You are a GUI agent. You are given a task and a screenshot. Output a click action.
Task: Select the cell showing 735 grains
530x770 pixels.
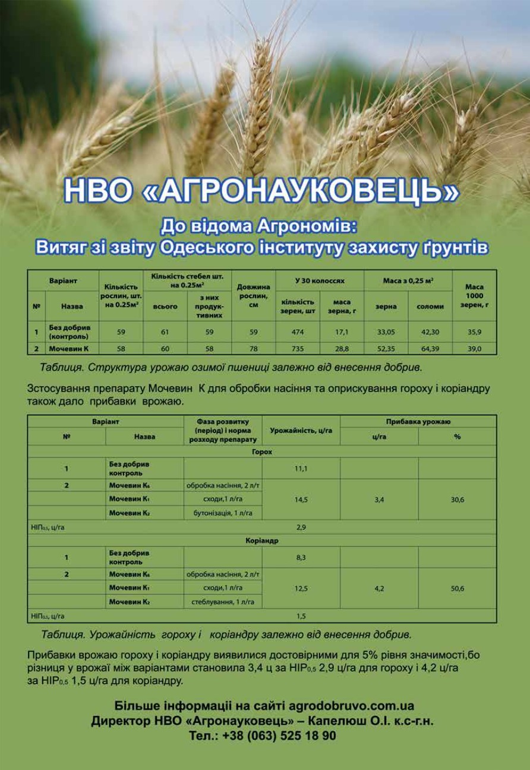click(298, 349)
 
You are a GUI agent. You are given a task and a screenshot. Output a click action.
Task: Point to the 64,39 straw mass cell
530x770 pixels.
click(430, 349)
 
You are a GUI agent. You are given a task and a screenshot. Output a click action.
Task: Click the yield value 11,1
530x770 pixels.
click(301, 469)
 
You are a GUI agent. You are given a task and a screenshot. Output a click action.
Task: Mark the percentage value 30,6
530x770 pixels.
click(457, 500)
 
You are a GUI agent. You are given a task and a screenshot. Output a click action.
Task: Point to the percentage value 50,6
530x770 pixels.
click(457, 589)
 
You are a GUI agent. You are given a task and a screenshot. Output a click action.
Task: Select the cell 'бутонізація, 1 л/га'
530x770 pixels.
click(223, 513)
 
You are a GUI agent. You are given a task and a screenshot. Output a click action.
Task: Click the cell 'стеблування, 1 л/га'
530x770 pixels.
click(223, 602)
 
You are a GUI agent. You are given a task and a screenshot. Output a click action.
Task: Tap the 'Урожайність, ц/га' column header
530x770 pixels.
click(301, 430)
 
